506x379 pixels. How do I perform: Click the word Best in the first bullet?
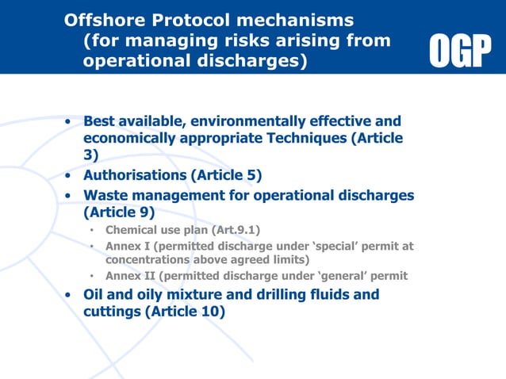(101, 121)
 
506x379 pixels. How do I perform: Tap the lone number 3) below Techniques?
(91, 155)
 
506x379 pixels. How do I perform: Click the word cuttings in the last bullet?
(112, 312)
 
